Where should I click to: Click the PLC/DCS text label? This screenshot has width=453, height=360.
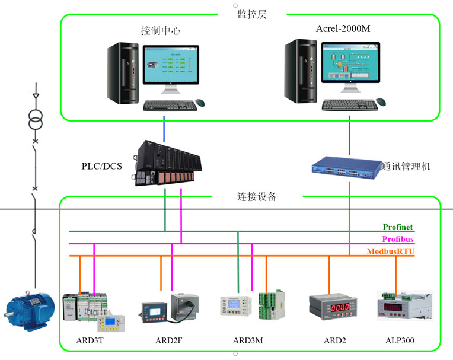pyautogui.click(x=101, y=166)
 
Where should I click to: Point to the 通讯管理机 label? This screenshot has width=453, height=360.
pyautogui.click(x=407, y=167)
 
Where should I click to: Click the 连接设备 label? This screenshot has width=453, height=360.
pyautogui.click(x=253, y=197)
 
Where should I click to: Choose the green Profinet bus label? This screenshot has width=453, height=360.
pyautogui.click(x=398, y=227)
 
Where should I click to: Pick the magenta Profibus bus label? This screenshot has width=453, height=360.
pyautogui.click(x=398, y=240)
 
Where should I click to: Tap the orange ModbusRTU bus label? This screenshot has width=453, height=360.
pyautogui.click(x=391, y=252)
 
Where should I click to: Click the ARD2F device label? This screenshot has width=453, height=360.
pyautogui.click(x=168, y=341)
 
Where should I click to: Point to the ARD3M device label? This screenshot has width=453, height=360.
pyautogui.click(x=247, y=341)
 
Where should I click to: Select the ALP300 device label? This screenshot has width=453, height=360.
pyautogui.click(x=400, y=341)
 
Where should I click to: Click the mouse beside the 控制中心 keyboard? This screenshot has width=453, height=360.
pyautogui.click(x=200, y=103)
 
